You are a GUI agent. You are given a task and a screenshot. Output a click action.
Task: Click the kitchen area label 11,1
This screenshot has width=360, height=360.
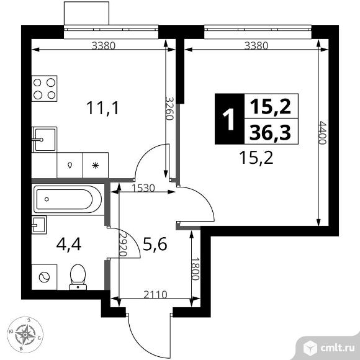click(x=102, y=108)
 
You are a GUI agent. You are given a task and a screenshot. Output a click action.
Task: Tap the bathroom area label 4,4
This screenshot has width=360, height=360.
click(x=69, y=245)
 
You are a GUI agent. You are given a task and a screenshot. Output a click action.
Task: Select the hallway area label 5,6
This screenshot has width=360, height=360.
click(x=155, y=244)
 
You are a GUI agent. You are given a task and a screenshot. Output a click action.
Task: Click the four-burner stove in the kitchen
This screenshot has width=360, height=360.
click(x=44, y=88)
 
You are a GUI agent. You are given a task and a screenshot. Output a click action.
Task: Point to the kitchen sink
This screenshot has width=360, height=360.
click(x=44, y=140)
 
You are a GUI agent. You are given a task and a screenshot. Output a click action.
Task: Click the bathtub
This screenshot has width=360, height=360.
click(x=68, y=199)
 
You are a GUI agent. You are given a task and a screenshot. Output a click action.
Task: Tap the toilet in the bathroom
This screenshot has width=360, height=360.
click(x=78, y=277)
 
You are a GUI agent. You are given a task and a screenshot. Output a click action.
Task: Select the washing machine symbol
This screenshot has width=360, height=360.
click(x=44, y=277)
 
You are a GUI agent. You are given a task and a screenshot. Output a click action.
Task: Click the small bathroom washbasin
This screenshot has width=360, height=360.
click(x=39, y=225)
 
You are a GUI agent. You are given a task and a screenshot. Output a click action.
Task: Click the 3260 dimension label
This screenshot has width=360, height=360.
click(x=169, y=109)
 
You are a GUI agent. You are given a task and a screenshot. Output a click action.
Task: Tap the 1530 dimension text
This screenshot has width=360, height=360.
click(x=144, y=188)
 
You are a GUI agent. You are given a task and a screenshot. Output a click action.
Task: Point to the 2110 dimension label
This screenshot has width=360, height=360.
click(x=155, y=294)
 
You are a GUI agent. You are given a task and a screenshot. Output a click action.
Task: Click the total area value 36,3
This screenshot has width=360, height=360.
click(x=270, y=133)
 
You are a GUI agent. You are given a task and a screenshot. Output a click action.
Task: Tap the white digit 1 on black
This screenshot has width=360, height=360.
click(x=228, y=119)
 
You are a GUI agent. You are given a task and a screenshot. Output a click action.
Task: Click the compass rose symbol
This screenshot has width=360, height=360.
click(x=25, y=335)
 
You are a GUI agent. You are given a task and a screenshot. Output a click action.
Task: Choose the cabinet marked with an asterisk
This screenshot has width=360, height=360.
click(x=96, y=165)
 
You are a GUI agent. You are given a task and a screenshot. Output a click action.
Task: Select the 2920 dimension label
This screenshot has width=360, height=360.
click(x=124, y=245)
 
